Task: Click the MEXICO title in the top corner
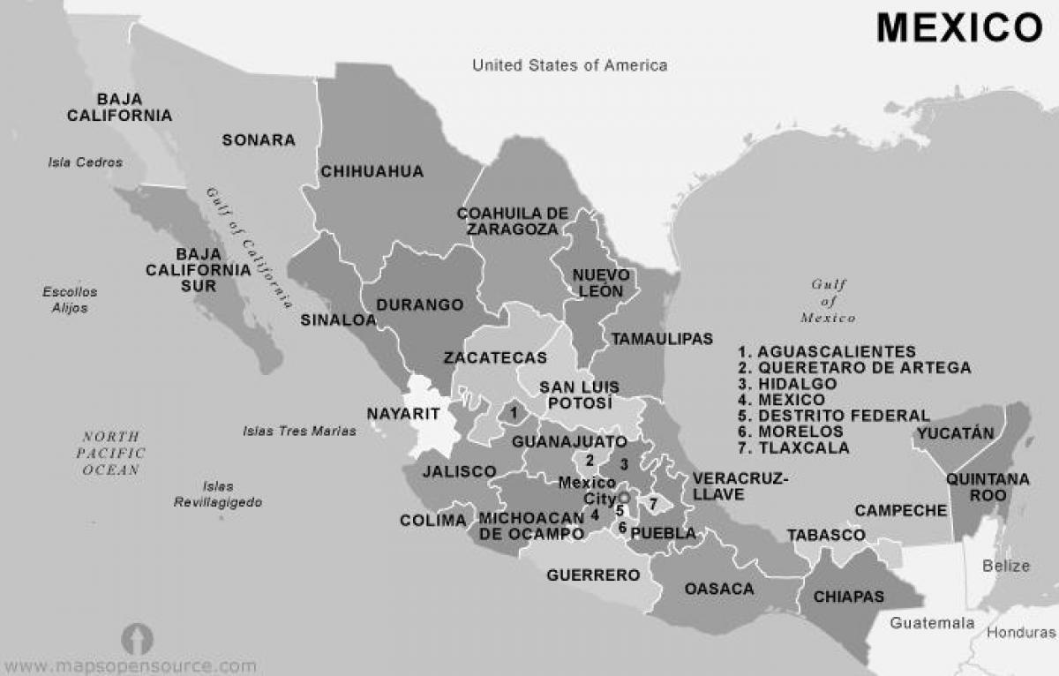pyautogui.click(x=959, y=28)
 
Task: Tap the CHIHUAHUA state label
pyautogui.click(x=372, y=171)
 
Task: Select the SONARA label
pyautogui.click(x=259, y=140)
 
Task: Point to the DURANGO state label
pyautogui.click(x=420, y=305)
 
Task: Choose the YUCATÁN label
pyautogui.click(x=955, y=432)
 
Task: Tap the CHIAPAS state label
pyautogui.click(x=848, y=597)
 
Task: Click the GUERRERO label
pyautogui.click(x=593, y=575)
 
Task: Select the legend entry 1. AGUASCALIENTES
pyautogui.click(x=828, y=351)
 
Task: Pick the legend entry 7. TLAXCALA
pyautogui.click(x=794, y=448)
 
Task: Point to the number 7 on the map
pyautogui.click(x=652, y=504)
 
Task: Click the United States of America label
pyautogui.click(x=569, y=65)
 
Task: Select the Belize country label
pyautogui.click(x=1007, y=566)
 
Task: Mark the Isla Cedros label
pyautogui.click(x=86, y=162)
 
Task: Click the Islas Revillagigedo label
pyautogui.click(x=218, y=494)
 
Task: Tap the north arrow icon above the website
pyautogui.click(x=137, y=638)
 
